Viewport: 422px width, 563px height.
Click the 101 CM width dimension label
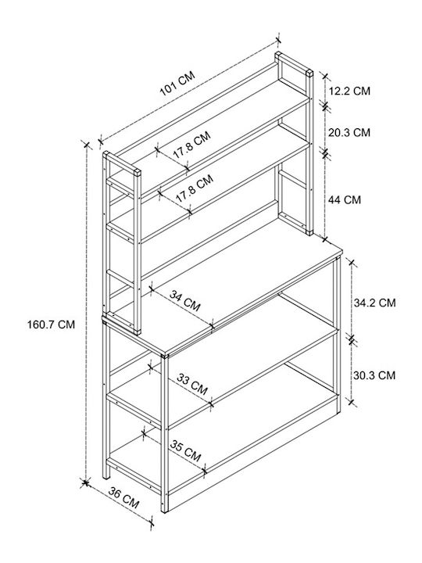[x=177, y=84]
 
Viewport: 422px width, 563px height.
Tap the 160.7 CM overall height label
[x=52, y=325]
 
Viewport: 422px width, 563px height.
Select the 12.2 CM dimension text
[x=349, y=91]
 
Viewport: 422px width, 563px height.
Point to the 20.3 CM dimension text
[x=349, y=132]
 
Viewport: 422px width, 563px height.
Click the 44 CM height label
[x=345, y=199]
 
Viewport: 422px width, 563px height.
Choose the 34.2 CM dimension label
[x=374, y=303]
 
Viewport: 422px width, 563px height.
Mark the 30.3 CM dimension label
[x=374, y=375]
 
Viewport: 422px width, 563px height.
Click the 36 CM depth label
[x=123, y=497]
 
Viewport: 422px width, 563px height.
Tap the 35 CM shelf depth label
[x=185, y=451]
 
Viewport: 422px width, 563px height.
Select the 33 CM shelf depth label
[x=192, y=384]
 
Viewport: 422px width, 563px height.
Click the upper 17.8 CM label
[x=192, y=145]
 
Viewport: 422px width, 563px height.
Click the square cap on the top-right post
[x=309, y=74]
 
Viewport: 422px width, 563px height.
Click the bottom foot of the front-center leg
[x=164, y=510]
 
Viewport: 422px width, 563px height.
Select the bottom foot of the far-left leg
[x=105, y=476]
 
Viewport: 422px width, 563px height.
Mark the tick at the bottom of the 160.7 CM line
[x=85, y=483]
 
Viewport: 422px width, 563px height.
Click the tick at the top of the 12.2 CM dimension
[x=325, y=76]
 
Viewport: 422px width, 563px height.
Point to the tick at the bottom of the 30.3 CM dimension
[x=352, y=402]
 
